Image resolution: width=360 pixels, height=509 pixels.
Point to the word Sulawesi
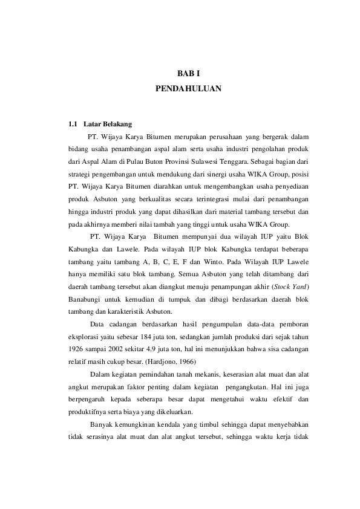click(x=234, y=163)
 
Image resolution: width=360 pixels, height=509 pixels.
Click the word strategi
click(x=80, y=176)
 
